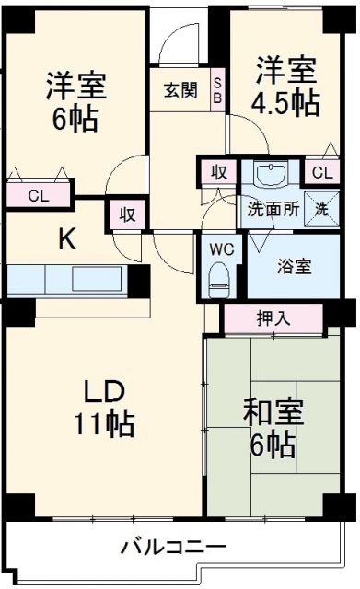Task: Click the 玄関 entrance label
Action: [x=180, y=90]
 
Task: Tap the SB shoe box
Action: [x=218, y=90]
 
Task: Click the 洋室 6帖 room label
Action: [x=77, y=102]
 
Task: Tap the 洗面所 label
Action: [x=272, y=207]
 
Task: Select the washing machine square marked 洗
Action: [x=319, y=208]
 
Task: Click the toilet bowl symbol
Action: [x=219, y=277]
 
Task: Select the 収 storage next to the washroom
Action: [x=219, y=172]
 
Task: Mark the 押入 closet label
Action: [x=273, y=318]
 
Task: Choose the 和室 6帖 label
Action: [x=270, y=429]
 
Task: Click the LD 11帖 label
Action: [x=104, y=406]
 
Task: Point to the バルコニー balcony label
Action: [x=172, y=548]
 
